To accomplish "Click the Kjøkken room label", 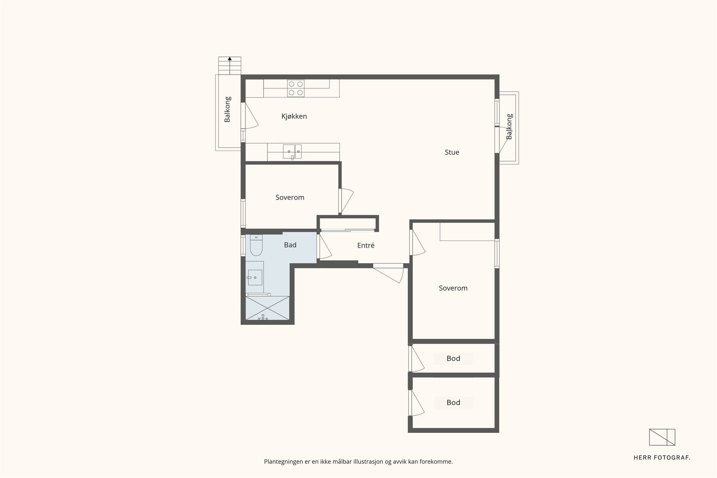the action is click(x=294, y=116).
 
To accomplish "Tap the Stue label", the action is click(x=452, y=152).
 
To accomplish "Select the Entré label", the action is click(x=366, y=246).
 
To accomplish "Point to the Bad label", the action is click(x=290, y=245).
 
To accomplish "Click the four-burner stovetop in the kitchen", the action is click(x=296, y=88).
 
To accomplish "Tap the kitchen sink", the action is click(x=292, y=152).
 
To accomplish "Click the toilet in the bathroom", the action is click(x=256, y=245).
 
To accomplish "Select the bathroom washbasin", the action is click(x=255, y=277).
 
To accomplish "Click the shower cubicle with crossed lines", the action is click(x=267, y=308).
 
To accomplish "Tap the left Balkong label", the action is click(x=227, y=110).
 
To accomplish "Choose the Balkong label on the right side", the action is click(x=509, y=127).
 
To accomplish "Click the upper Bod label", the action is click(x=453, y=358).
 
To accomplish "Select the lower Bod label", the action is click(x=453, y=402).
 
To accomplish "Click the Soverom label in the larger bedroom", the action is click(x=453, y=288).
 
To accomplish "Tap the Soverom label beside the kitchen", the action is click(x=290, y=197).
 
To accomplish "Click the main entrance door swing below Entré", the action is click(x=389, y=273).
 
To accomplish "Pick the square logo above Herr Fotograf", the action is click(x=662, y=437).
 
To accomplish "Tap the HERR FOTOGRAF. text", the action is click(x=662, y=458).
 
